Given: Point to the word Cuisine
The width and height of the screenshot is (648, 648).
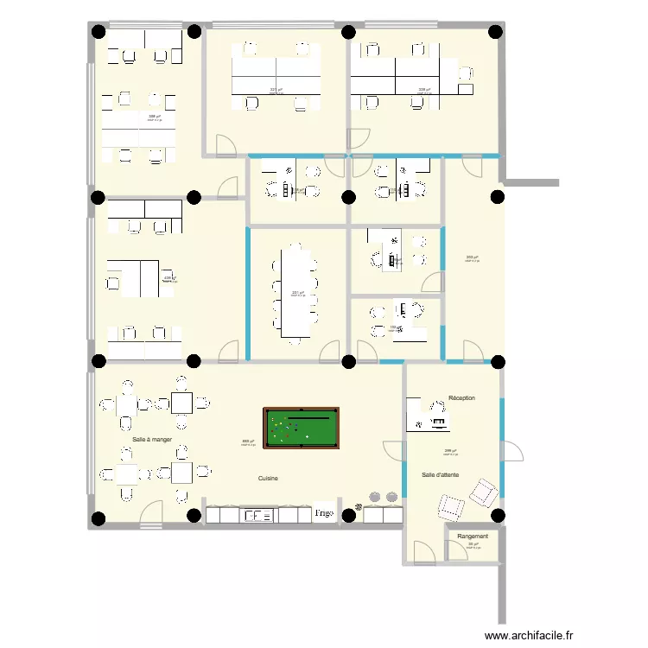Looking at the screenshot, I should pos(268,478).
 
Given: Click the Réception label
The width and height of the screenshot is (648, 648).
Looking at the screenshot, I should pos(462,398).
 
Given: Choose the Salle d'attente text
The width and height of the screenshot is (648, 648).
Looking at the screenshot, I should pos(446,475).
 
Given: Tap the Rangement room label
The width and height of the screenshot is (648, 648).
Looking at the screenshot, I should pos(473,537).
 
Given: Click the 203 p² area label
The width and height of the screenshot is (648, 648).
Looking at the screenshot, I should pos(471,257).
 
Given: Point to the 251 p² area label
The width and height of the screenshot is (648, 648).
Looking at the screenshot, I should pos(297,292).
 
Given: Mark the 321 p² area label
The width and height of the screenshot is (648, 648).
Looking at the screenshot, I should pos(276,89).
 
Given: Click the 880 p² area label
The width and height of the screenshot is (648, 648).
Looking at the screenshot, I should pos(247,442).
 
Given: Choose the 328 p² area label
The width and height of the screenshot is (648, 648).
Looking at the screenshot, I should pos(423,89).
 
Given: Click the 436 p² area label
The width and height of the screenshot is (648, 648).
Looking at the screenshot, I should pos(169,278).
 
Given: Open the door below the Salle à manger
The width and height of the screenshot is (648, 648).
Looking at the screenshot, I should pos(151,516).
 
